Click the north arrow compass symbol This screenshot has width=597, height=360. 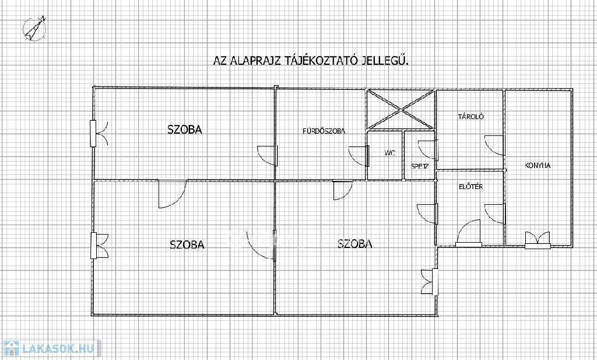pyautogui.click(x=34, y=29)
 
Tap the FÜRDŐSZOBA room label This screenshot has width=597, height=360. pyautogui.click(x=324, y=131)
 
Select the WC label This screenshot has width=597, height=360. pyautogui.click(x=390, y=153)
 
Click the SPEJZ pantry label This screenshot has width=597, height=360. pyautogui.click(x=420, y=166)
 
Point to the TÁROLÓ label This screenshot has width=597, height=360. pyautogui.click(x=471, y=117)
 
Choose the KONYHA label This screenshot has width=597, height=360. pyautogui.click(x=538, y=166)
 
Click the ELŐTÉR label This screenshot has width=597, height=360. pyautogui.click(x=471, y=187)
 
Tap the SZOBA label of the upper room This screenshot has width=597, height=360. pyautogui.click(x=185, y=130)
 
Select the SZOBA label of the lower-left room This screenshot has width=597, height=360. pyautogui.click(x=187, y=244)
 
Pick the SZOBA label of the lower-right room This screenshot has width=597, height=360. pyautogui.click(x=355, y=243)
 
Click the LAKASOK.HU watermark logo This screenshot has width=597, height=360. pyautogui.click(x=51, y=348)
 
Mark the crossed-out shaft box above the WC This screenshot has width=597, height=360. pyautogui.click(x=400, y=110)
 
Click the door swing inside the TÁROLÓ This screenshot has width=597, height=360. pyautogui.click(x=495, y=145)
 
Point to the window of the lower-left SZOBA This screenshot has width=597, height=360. pyautogui.click(x=99, y=246)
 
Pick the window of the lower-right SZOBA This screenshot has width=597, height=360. pyautogui.click(x=429, y=282)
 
